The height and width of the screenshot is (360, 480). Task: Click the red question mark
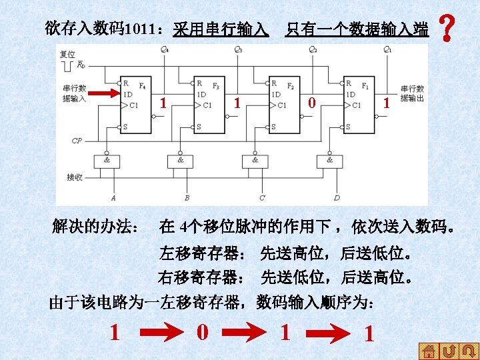[447, 29]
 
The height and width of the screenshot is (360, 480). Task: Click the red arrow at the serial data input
[103, 94]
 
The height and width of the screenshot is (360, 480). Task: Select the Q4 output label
[164, 50]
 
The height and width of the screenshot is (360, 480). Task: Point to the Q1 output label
[387, 50]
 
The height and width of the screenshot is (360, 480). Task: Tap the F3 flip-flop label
[216, 87]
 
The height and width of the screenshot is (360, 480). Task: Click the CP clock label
[77, 141]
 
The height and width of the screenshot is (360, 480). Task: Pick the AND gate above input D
[330, 161]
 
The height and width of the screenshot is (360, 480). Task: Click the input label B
[187, 198]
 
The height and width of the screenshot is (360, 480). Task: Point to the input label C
[262, 198]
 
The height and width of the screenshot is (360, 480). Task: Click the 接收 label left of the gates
[75, 177]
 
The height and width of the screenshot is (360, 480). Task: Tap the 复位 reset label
[68, 54]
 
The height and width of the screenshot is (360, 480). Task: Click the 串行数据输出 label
[411, 93]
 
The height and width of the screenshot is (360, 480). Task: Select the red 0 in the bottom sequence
[203, 331]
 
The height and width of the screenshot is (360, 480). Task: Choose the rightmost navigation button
[469, 350]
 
